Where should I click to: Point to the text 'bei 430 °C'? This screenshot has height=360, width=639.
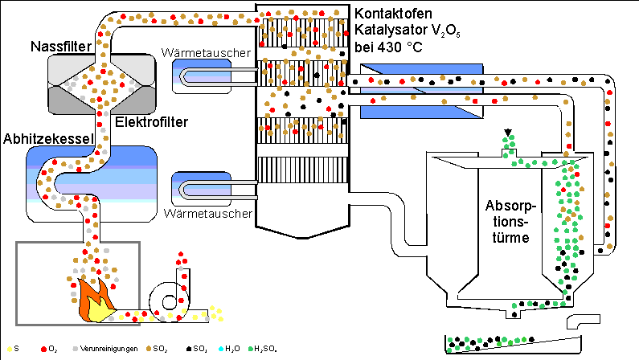point(389,46)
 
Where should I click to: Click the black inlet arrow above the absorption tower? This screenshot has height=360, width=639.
point(507,133)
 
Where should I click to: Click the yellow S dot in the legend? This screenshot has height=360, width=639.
point(9,349)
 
